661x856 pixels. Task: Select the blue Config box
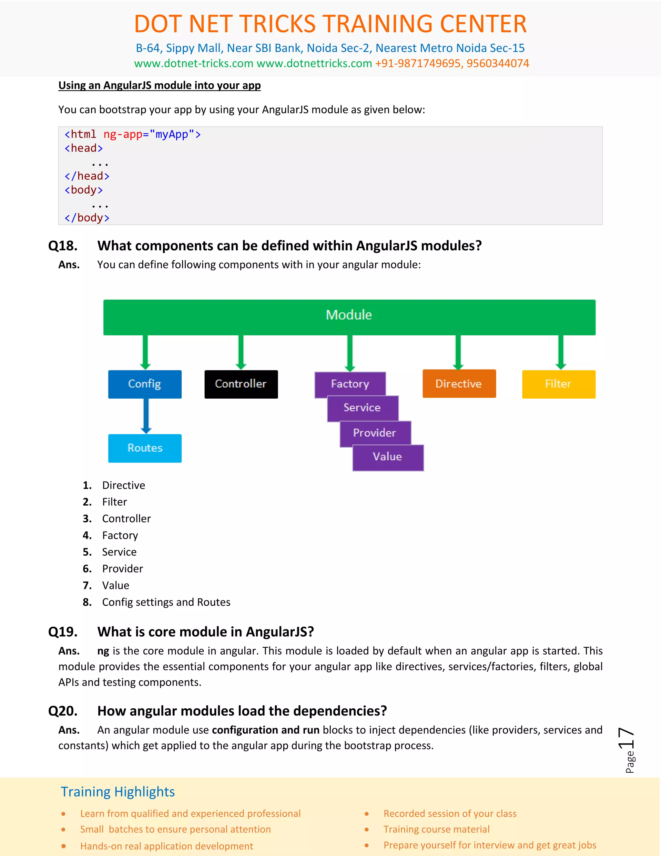pyautogui.click(x=145, y=384)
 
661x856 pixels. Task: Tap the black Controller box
pyautogui.click(x=241, y=384)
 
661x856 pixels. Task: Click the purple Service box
pyautogui.click(x=362, y=408)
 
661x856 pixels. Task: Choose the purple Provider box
pyautogui.click(x=375, y=433)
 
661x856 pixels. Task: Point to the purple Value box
pyautogui.click(x=388, y=457)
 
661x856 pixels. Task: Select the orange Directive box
pyautogui.click(x=459, y=384)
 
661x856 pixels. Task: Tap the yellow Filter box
pyautogui.click(x=558, y=384)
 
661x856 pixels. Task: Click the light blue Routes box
pyautogui.click(x=145, y=448)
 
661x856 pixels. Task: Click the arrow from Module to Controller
pyautogui.click(x=241, y=352)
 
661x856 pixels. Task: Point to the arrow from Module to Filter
pyautogui.click(x=561, y=352)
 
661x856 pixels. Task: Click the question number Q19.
pyautogui.click(x=63, y=632)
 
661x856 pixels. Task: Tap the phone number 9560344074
pyautogui.click(x=498, y=64)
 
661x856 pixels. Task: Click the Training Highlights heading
pyautogui.click(x=117, y=792)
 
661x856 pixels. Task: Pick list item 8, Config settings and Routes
pyautogui.click(x=166, y=602)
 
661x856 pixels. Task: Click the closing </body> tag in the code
pyautogui.click(x=87, y=218)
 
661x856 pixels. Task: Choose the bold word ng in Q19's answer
pyautogui.click(x=103, y=651)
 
